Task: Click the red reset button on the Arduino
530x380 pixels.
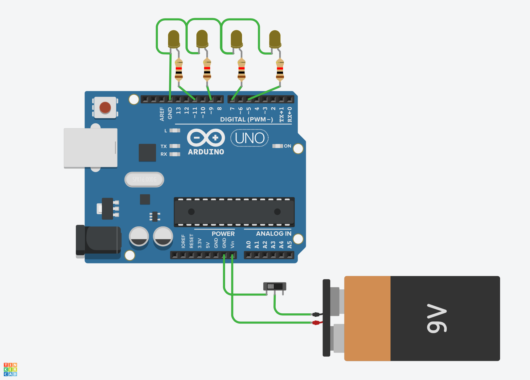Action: click(105, 107)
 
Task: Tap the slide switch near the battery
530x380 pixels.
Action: click(274, 286)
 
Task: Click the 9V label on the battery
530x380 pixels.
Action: click(437, 318)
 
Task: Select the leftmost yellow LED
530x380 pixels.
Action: click(174, 39)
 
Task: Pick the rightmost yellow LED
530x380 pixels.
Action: click(275, 39)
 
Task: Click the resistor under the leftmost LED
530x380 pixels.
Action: click(179, 70)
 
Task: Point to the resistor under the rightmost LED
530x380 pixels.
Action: click(280, 70)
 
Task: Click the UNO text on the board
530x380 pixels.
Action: click(249, 138)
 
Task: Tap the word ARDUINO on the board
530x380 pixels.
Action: click(206, 152)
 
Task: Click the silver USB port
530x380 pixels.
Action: click(90, 148)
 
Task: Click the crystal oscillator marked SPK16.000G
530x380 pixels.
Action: click(144, 180)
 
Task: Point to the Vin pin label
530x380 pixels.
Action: click(232, 244)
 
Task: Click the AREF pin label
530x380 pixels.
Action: click(162, 114)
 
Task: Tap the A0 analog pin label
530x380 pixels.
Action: click(249, 245)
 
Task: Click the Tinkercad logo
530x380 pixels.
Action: click(10, 369)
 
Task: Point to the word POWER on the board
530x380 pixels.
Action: click(223, 234)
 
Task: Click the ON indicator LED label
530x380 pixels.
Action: click(287, 146)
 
